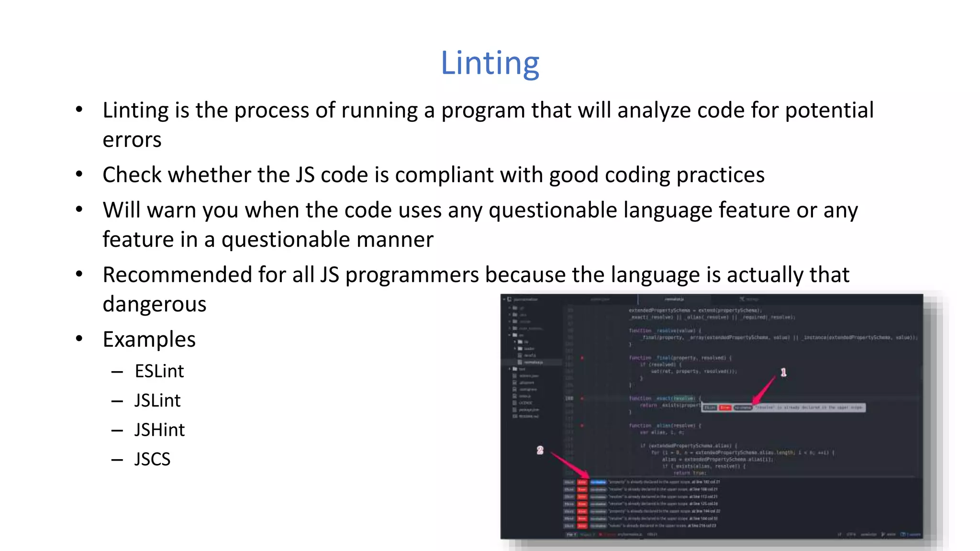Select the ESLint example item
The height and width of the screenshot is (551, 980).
159,371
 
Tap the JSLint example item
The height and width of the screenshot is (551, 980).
157,400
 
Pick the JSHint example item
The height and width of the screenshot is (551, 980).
159,430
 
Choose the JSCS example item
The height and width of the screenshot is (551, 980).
152,459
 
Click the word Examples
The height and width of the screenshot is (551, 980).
149,340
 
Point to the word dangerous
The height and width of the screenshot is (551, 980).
154,304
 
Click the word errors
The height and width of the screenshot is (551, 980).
132,140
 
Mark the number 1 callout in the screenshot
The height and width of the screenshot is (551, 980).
783,372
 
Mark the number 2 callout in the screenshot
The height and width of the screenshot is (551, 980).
540,450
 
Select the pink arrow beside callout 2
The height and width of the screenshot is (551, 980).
569,463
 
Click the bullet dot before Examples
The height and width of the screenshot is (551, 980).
79,339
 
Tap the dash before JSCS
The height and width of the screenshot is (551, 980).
117,460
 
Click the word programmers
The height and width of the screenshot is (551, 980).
412,275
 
